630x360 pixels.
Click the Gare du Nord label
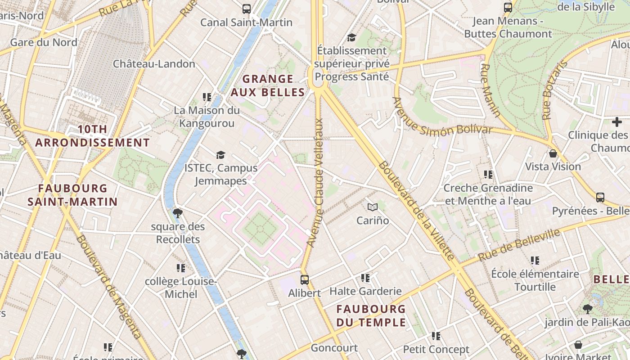44,42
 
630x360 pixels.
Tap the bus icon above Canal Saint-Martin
247,9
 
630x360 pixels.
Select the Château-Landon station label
154,64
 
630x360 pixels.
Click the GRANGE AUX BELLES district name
268,85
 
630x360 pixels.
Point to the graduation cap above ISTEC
220,155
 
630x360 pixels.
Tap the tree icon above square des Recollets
178,213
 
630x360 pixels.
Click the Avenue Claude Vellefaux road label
316,182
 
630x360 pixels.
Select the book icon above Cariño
373,207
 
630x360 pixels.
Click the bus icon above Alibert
305,279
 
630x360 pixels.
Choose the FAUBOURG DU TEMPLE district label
371,315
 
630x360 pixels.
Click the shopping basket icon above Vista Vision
553,153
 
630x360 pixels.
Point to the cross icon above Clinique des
616,122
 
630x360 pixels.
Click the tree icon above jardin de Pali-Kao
587,309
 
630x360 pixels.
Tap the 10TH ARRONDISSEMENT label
92,136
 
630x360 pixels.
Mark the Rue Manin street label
490,90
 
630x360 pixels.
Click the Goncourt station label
334,348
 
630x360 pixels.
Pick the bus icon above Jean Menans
508,7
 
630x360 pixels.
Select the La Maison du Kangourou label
207,117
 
